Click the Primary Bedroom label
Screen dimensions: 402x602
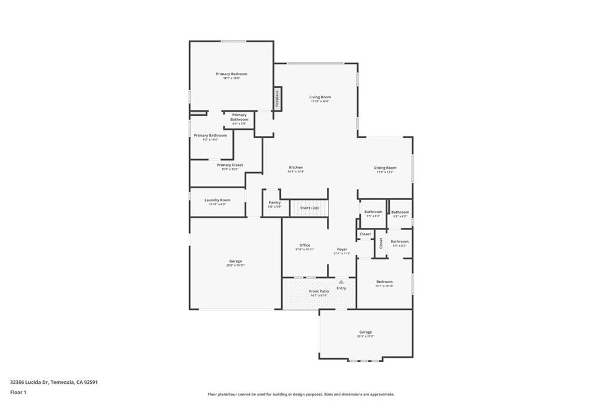tap(231, 74)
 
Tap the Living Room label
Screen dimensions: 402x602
tap(320, 97)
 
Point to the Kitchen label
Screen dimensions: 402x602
tap(295, 167)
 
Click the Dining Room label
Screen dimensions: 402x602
tap(385, 168)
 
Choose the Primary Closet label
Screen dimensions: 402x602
tap(229, 165)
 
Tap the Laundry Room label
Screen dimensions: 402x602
tap(217, 200)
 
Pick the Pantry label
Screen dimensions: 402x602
tap(275, 202)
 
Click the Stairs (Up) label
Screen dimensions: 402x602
tap(309, 208)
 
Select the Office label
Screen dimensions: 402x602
tap(305, 245)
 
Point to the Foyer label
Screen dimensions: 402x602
tap(342, 250)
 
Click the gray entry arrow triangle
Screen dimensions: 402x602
tap(341, 282)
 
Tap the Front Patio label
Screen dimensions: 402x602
tap(319, 291)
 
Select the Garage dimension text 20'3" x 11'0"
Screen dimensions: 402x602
tap(365, 337)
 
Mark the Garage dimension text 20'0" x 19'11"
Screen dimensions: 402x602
tap(235, 265)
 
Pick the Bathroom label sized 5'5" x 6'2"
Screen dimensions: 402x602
tap(399, 245)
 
